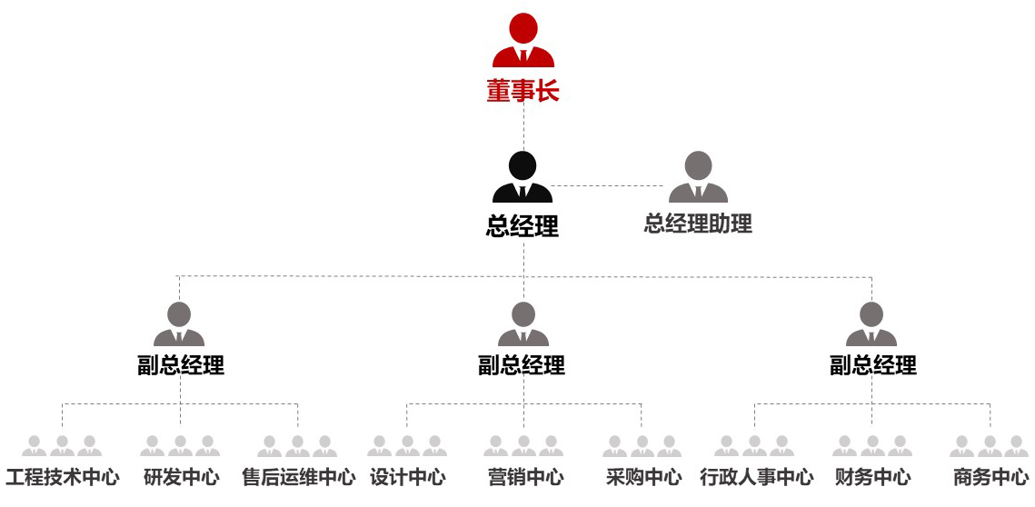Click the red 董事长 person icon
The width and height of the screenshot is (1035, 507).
coord(523,41)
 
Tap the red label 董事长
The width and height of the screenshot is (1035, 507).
coord(522,92)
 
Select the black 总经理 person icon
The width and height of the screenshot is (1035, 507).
coord(522,177)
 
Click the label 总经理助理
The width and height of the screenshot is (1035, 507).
coord(698,224)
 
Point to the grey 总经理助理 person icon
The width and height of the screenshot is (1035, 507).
coord(698,177)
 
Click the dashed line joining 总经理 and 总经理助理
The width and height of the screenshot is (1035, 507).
coord(610,186)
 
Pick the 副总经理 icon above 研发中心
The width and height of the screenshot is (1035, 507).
coord(179,324)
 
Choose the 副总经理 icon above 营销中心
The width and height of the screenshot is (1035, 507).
coord(522,324)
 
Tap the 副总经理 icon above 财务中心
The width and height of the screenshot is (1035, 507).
coord(871,324)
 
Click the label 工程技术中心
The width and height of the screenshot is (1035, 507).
coord(62,477)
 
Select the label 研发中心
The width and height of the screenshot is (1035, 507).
coord(181,477)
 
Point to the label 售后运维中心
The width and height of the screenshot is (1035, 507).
coord(298,477)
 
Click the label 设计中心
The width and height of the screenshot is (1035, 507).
coord(407,477)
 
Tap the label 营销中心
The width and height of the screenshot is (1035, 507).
coord(524,477)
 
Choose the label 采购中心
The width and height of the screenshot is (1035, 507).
coord(642,477)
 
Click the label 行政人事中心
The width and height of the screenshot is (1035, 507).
coord(756,477)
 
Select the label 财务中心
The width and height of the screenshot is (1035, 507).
coord(872,477)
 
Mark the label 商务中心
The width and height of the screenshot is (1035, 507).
coord(990,477)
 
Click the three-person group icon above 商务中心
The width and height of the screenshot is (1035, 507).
coord(990,446)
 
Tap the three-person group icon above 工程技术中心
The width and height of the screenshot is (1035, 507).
coord(62,446)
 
